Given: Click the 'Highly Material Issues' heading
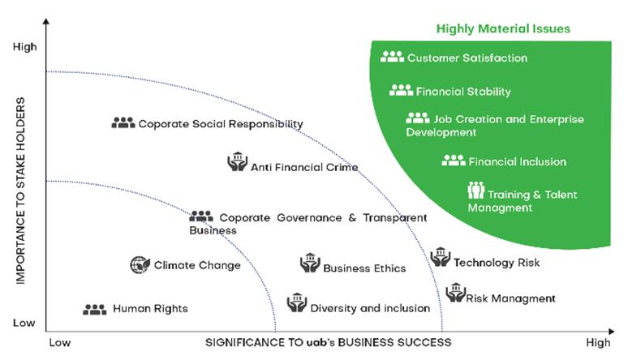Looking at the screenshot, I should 503,29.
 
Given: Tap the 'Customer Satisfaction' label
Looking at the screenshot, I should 467,58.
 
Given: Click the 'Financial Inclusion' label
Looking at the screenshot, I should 517,161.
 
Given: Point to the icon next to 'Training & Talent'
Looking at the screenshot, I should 475,191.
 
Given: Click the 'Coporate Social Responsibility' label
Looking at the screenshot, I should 220,124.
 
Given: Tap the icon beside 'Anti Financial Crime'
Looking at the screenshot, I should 236,162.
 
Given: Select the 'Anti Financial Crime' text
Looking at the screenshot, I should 304,168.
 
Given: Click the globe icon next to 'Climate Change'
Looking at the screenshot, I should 140,264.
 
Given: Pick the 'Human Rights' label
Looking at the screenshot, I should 150,308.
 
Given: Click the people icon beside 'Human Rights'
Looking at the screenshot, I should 95,309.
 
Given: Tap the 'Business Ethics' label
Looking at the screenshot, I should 364,268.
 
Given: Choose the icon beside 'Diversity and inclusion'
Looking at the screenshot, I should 296,303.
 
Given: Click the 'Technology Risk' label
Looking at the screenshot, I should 497,263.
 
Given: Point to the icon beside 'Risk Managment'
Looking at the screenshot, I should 455,293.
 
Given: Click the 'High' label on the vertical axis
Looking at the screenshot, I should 25,47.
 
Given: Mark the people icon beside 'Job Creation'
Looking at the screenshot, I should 418,118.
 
